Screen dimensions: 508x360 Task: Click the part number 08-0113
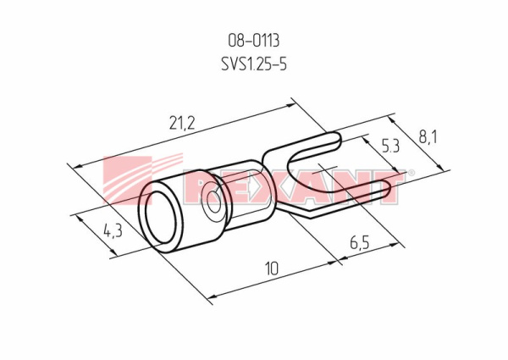(x=254, y=41)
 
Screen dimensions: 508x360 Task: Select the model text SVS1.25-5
(x=254, y=64)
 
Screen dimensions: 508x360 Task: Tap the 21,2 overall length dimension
(x=182, y=123)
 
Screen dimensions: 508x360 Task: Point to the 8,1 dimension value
(x=428, y=137)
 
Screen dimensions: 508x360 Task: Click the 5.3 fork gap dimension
(x=390, y=147)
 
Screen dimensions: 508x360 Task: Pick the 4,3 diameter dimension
(x=113, y=231)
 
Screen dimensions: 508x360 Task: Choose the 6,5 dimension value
(x=360, y=243)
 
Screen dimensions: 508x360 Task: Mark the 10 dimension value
(x=272, y=269)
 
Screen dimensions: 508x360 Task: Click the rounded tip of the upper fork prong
(x=338, y=140)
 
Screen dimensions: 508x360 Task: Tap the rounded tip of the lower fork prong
(x=388, y=190)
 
